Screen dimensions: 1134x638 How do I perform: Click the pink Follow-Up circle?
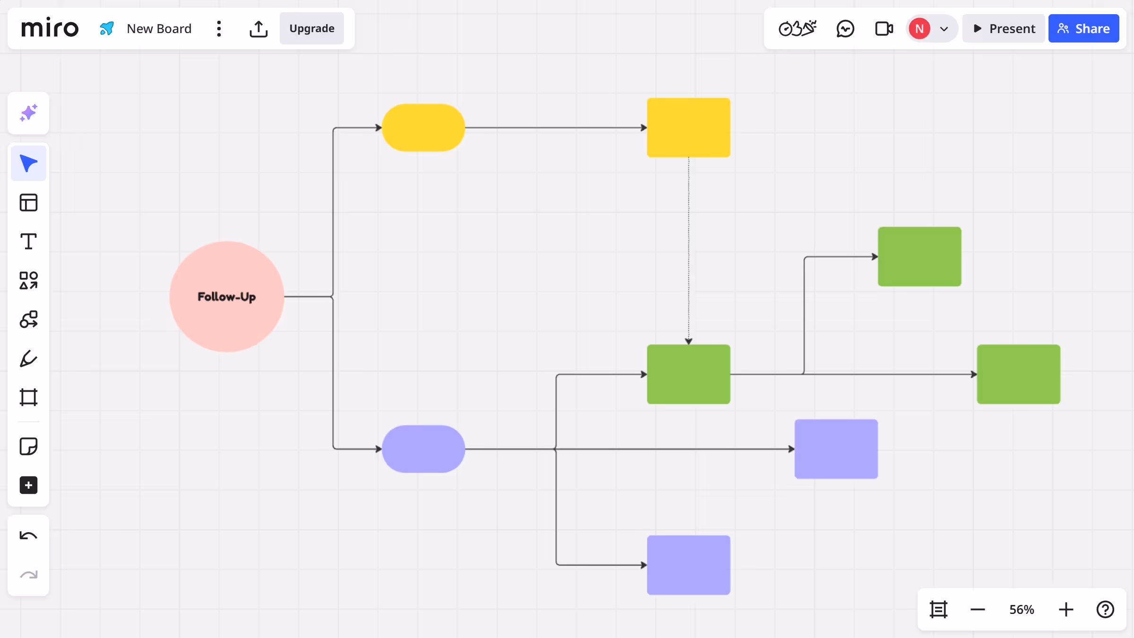coord(227,296)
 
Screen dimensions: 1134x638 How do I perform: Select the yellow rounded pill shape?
coord(423,128)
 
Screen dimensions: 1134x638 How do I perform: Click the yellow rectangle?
coord(688,128)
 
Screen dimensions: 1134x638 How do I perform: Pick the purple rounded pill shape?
coord(423,449)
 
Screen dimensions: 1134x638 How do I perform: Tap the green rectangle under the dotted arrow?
coord(688,374)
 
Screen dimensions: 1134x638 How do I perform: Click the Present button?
coord(1004,29)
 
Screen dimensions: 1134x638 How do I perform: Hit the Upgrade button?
coord(312,29)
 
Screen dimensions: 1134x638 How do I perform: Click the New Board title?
coord(159,29)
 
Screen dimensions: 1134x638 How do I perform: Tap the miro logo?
coord(50,29)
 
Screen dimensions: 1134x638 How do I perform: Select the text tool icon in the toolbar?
coord(28,241)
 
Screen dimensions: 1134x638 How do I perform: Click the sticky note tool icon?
coord(28,446)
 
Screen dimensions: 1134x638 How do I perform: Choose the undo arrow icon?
coord(28,535)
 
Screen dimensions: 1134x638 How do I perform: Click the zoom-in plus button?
coord(1066,610)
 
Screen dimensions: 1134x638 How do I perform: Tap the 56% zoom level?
coord(1022,610)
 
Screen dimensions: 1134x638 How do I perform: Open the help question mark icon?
coord(1105,610)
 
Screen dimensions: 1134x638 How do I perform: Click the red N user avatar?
coord(919,29)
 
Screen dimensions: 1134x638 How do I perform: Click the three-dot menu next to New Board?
coord(219,29)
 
